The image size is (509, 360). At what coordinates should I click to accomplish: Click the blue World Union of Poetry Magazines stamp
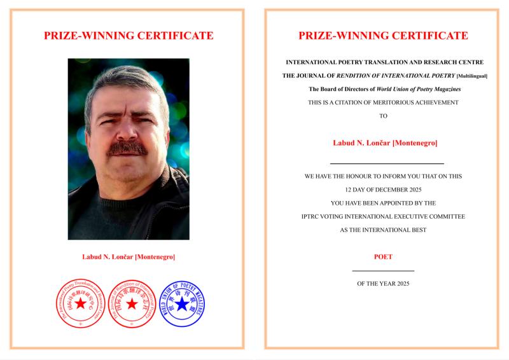click(183, 303)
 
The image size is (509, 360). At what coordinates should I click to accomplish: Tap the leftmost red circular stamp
click(80, 303)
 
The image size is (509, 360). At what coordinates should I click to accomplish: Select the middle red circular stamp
click(131, 303)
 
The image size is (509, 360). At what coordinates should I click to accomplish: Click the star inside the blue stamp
click(183, 304)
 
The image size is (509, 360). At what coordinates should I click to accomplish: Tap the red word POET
click(383, 257)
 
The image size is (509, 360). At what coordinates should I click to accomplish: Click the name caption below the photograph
click(129, 257)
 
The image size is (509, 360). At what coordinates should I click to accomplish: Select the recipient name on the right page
click(384, 142)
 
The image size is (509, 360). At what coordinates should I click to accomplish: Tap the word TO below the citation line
click(383, 116)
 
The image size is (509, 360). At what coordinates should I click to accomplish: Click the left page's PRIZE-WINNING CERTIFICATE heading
click(129, 36)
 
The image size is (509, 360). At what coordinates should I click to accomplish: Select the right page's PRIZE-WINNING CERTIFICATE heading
click(383, 36)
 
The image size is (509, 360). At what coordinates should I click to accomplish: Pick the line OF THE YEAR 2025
click(383, 283)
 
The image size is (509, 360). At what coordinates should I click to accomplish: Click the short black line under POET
click(383, 271)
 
